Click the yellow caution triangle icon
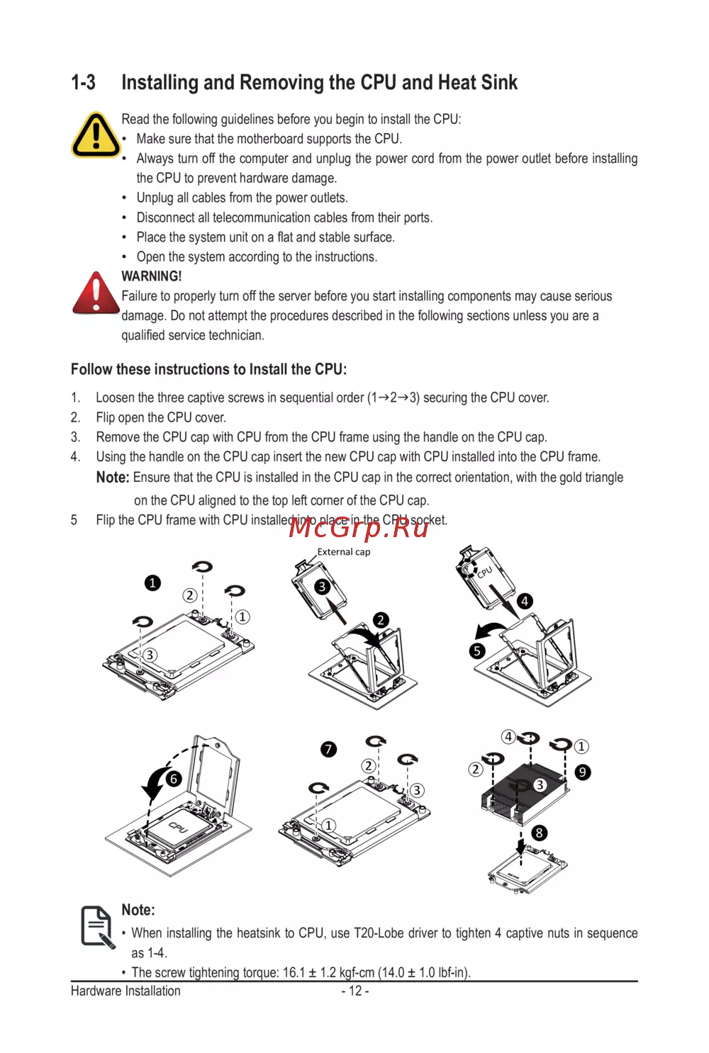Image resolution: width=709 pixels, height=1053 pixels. pyautogui.click(x=96, y=135)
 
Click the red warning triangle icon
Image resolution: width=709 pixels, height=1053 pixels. pyautogui.click(x=96, y=293)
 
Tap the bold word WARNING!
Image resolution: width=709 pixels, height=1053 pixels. pyautogui.click(x=152, y=276)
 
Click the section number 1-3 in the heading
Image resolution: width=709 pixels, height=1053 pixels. pyautogui.click(x=83, y=82)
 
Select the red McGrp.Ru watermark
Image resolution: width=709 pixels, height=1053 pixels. pyautogui.click(x=358, y=528)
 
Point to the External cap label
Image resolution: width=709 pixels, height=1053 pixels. pyautogui.click(x=343, y=552)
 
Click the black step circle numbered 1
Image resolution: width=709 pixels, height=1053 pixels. pyautogui.click(x=152, y=583)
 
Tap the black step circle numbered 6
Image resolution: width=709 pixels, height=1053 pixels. pyautogui.click(x=174, y=779)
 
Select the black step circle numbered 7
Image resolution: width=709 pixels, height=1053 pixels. pyautogui.click(x=328, y=749)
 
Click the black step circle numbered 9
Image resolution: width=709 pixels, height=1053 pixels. pyautogui.click(x=582, y=772)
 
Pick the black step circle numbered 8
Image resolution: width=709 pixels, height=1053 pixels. pyautogui.click(x=539, y=833)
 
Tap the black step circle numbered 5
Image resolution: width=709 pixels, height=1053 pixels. pyautogui.click(x=477, y=651)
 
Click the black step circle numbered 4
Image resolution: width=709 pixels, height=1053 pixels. pyautogui.click(x=525, y=601)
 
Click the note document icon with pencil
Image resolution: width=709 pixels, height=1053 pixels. pyautogui.click(x=97, y=927)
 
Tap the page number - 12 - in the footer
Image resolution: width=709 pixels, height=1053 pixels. pyautogui.click(x=355, y=991)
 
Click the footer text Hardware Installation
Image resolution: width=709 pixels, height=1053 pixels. pyautogui.click(x=125, y=991)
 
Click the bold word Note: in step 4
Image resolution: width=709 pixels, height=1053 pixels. pyautogui.click(x=113, y=477)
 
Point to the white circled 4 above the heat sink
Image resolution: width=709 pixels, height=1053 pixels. pyautogui.click(x=508, y=737)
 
